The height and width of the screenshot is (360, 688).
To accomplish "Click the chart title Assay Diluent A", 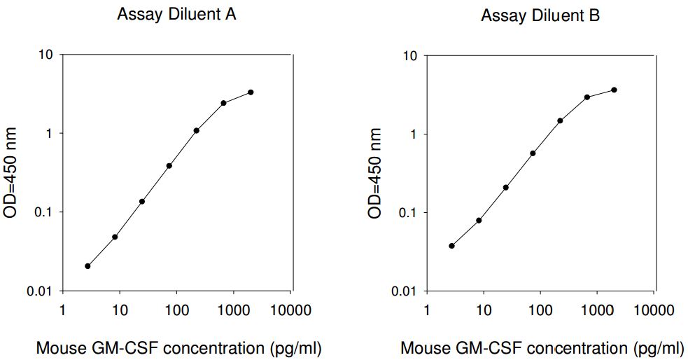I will click(176, 15).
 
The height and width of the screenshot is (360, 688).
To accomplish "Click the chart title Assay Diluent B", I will click(540, 15).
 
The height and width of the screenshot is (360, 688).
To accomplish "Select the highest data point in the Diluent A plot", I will click(251, 92).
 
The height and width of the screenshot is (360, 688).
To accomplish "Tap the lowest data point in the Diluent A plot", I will click(87, 266).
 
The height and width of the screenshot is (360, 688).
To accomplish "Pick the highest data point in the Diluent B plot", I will click(614, 90).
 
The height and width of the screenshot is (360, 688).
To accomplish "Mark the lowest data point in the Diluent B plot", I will click(451, 246).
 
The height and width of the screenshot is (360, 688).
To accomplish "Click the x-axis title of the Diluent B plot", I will click(542, 347).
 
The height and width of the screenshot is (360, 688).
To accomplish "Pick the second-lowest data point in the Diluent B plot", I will click(479, 221).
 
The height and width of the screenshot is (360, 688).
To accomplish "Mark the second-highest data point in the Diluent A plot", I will click(223, 103).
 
